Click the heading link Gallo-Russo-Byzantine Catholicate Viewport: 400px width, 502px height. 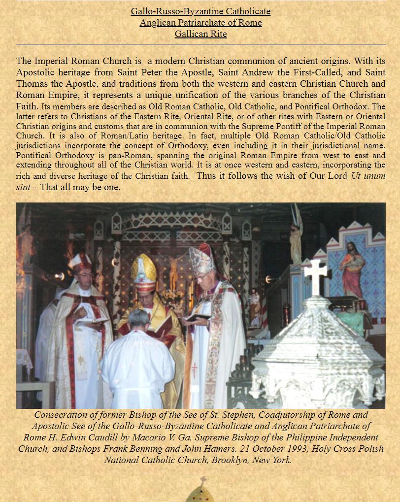[200, 11]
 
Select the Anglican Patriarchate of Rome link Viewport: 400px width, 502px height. [200, 23]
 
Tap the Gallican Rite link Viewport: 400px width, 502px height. [200, 34]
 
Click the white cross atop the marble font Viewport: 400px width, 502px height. [315, 275]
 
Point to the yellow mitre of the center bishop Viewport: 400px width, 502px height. [143, 271]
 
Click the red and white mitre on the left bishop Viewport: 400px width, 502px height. [80, 263]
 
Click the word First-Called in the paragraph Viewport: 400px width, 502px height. [309, 72]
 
